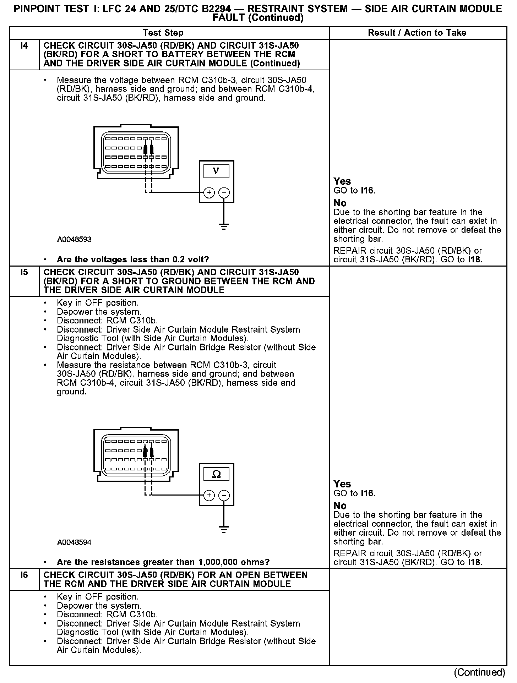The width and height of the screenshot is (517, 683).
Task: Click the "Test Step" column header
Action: tap(163, 33)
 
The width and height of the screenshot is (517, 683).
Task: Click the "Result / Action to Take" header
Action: tap(417, 33)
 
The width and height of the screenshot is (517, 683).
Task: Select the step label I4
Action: tap(24, 46)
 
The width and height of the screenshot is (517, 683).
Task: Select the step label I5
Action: tap(24, 272)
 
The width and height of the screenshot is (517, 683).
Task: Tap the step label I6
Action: tap(24, 575)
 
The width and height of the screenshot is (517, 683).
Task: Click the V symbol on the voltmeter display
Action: tap(216, 171)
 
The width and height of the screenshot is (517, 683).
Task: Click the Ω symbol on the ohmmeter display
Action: tap(216, 474)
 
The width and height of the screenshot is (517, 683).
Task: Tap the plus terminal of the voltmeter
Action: tap(209, 193)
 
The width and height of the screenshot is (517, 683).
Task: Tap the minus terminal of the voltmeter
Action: tap(224, 193)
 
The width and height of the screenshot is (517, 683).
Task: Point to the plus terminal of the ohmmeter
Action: tap(209, 496)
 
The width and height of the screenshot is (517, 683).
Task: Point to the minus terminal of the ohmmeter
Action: tap(224, 496)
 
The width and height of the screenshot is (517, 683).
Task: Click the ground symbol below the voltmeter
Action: tap(224, 227)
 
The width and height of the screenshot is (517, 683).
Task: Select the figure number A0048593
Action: tap(74, 240)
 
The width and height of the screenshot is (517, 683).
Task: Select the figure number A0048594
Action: tap(74, 542)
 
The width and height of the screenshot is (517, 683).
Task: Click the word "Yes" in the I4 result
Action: tap(342, 181)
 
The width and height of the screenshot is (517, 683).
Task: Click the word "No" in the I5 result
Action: tap(340, 506)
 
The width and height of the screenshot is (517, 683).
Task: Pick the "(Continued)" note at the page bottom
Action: tap(479, 672)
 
